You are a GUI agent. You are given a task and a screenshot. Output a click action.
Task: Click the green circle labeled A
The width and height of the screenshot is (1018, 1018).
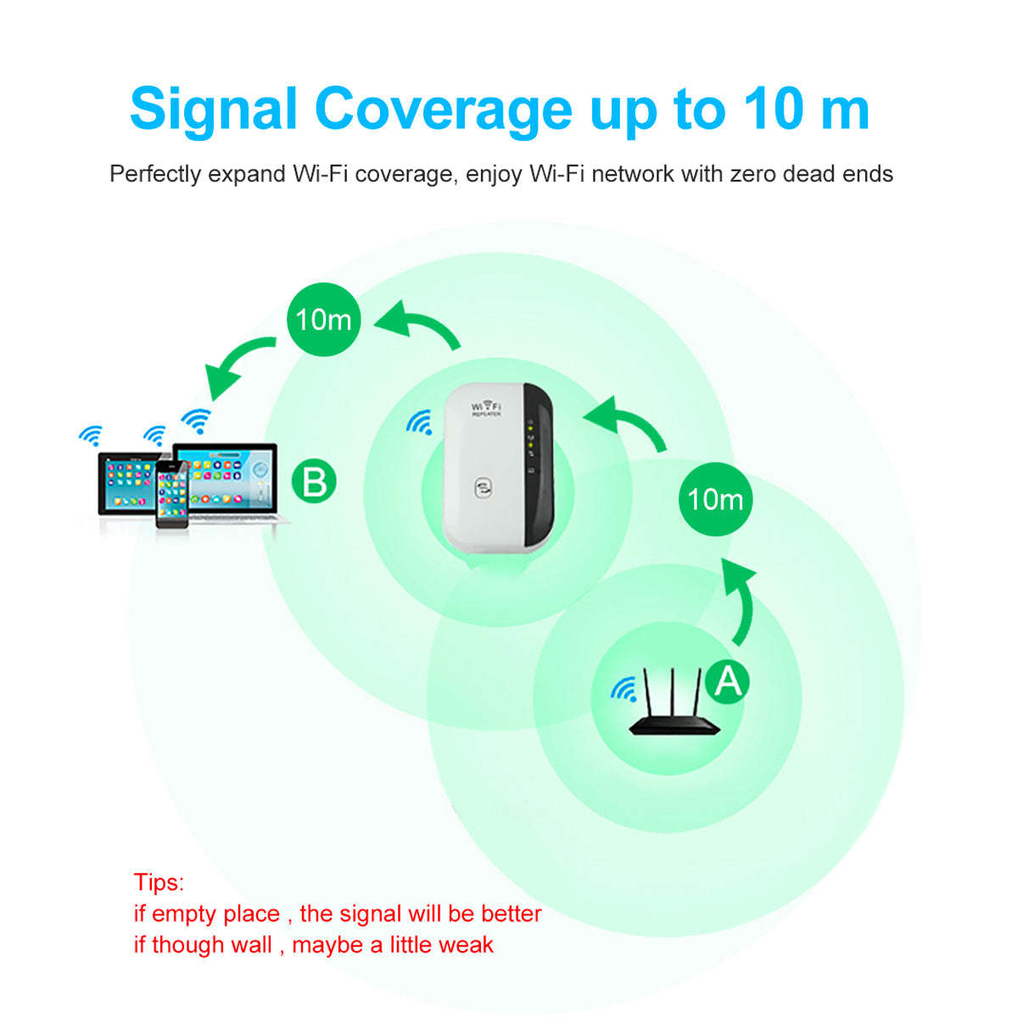[728, 680]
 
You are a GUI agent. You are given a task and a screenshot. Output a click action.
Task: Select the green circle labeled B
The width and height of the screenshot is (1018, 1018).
[314, 482]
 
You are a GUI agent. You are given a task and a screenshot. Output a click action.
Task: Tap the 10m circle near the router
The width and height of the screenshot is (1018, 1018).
[715, 499]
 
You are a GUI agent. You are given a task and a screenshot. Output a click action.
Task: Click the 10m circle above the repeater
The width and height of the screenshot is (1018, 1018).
[323, 320]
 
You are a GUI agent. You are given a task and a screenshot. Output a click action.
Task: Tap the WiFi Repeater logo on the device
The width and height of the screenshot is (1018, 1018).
[486, 409]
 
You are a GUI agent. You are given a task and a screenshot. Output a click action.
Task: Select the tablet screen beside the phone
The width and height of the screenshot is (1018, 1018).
[127, 484]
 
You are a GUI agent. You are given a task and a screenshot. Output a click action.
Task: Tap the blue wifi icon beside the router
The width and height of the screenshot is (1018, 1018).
[624, 690]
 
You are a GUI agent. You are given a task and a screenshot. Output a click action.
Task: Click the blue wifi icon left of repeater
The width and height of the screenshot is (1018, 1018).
[419, 422]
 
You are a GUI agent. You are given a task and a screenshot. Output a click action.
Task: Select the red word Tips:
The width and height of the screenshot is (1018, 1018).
[159, 882]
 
